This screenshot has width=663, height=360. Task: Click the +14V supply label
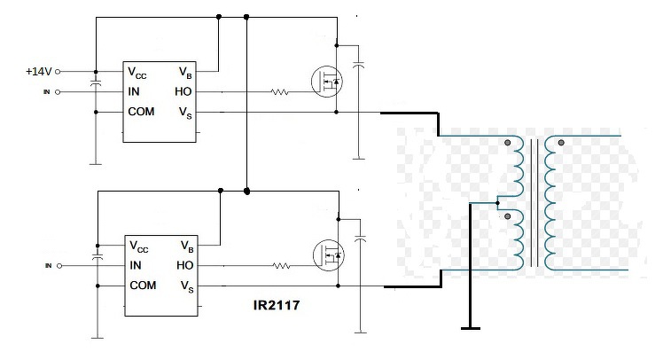pyautogui.click(x=38, y=72)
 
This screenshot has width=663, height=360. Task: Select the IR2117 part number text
pyautogui.click(x=277, y=305)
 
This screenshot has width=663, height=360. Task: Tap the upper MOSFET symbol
pyautogui.click(x=327, y=82)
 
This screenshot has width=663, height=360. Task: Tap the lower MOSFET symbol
pyautogui.click(x=329, y=255)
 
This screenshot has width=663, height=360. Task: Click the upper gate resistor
pyautogui.click(x=279, y=92)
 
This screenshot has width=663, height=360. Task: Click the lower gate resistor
pyautogui.click(x=281, y=266)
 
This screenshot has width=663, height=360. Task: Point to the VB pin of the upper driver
pyautogui.click(x=185, y=73)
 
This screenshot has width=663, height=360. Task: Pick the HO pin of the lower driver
pyautogui.click(x=184, y=265)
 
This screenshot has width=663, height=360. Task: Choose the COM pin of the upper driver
pyautogui.click(x=141, y=112)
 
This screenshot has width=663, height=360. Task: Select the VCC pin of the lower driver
pyautogui.click(x=138, y=247)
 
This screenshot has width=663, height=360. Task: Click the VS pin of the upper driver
pyautogui.click(x=185, y=113)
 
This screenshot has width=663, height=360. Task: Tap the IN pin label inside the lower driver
pyautogui.click(x=136, y=265)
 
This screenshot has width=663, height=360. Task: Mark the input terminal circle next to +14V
pyautogui.click(x=58, y=72)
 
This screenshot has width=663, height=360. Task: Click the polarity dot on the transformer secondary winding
pyautogui.click(x=561, y=143)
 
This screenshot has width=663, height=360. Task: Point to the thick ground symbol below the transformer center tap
pyautogui.click(x=470, y=328)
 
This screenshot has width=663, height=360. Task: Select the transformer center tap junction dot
pyautogui.click(x=497, y=203)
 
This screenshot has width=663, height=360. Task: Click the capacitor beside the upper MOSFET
pyautogui.click(x=359, y=65)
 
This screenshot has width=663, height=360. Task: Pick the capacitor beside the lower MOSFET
pyautogui.click(x=360, y=239)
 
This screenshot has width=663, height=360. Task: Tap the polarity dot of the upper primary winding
pyautogui.click(x=507, y=143)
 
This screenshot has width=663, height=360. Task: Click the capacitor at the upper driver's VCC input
pyautogui.click(x=96, y=82)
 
